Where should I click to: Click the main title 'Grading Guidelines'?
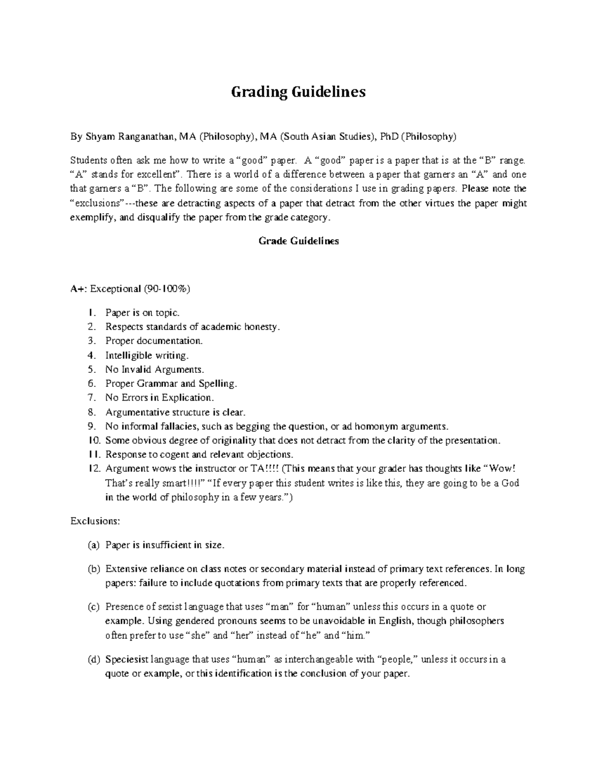[x=298, y=92]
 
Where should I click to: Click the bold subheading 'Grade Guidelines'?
[x=298, y=241]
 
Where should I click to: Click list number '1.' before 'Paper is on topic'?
[x=90, y=313]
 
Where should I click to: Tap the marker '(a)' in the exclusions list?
[x=94, y=545]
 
